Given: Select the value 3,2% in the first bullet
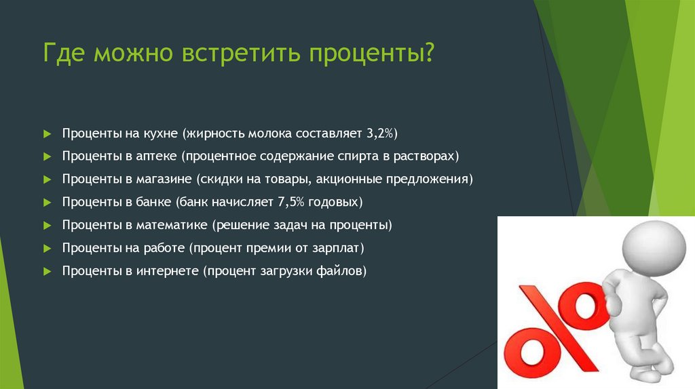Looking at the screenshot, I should (390, 133).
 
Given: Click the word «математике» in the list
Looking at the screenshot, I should (175, 225).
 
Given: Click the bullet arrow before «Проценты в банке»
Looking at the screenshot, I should (47, 202).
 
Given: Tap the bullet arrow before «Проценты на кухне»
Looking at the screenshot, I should (47, 133).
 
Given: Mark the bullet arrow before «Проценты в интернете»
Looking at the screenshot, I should (47, 271).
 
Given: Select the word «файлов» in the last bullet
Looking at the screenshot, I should (343, 271).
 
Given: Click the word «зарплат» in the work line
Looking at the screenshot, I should (339, 248).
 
